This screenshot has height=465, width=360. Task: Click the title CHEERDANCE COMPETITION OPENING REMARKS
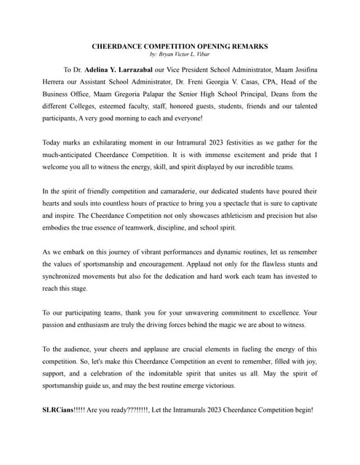(x=180, y=46)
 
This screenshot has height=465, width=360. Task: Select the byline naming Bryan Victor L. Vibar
(x=180, y=55)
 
